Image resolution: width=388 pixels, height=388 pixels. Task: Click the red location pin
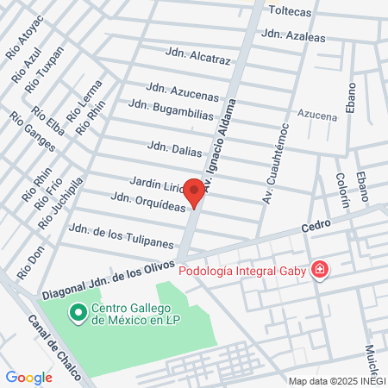[x=195, y=192]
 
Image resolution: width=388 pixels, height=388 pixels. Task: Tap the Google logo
[x=28, y=377]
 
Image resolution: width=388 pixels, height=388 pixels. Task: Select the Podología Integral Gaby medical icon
[x=320, y=271]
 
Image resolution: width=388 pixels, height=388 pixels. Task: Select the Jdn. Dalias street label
[x=174, y=147]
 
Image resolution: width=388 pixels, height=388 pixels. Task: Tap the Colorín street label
[x=345, y=194]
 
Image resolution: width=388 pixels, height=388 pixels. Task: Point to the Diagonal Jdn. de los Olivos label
[x=108, y=279]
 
